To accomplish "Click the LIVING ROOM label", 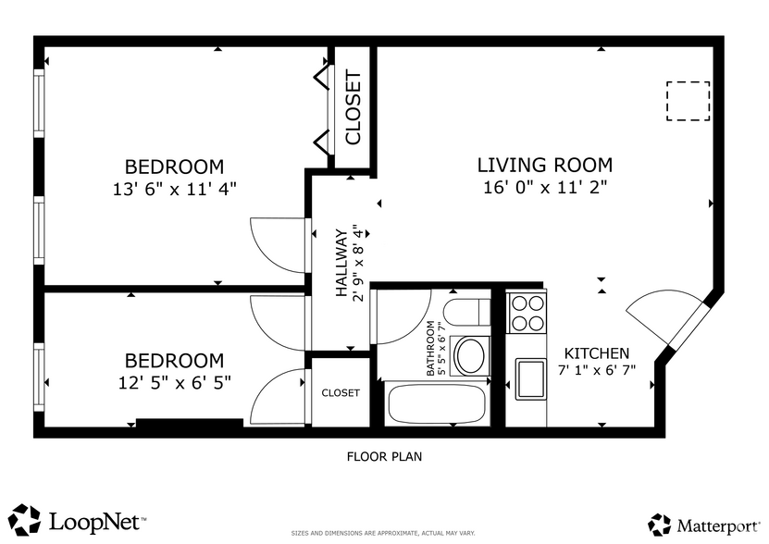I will pyautogui.click(x=544, y=166).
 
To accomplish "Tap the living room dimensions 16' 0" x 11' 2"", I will pyautogui.click(x=544, y=188).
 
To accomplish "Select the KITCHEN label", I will pyautogui.click(x=597, y=353).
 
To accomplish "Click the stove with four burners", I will pyautogui.click(x=527, y=312).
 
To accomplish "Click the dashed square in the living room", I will pyautogui.click(x=688, y=102).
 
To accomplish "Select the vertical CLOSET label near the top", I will pyautogui.click(x=353, y=107).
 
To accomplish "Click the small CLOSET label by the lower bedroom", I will pyautogui.click(x=340, y=393).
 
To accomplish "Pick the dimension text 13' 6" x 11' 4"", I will pyautogui.click(x=174, y=188).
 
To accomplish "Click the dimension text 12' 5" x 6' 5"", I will pyautogui.click(x=174, y=381).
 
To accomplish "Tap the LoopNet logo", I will pyautogui.click(x=79, y=520).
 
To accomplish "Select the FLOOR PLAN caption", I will pyautogui.click(x=384, y=456).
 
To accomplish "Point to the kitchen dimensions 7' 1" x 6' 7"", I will pyautogui.click(x=597, y=371).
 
